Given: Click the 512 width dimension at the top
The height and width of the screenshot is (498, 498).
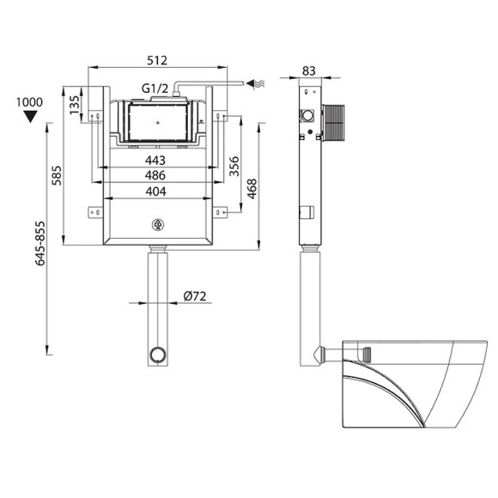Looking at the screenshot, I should click(x=156, y=60).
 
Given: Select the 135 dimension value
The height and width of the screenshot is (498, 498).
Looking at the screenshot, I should click(x=75, y=104).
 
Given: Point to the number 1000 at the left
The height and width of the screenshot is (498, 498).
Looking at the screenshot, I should click(x=29, y=101).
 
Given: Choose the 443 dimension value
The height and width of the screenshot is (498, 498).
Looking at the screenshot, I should click(x=155, y=161).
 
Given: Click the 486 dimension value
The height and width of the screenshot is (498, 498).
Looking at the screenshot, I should click(x=155, y=175).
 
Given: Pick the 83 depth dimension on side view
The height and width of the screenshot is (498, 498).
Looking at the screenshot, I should click(x=310, y=70).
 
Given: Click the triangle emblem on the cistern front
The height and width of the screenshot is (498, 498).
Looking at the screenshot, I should click(x=157, y=226).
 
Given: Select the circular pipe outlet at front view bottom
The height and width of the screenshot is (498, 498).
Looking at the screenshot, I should click(x=156, y=353).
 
